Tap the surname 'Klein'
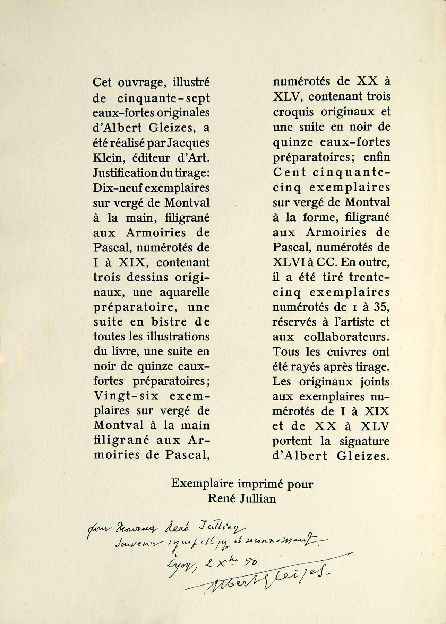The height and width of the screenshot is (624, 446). (106, 158)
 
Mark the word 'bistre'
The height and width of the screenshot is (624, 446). (163, 322)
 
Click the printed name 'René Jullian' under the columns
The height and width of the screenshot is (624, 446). (242, 499)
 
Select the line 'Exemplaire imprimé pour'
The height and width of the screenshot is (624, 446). (242, 484)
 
